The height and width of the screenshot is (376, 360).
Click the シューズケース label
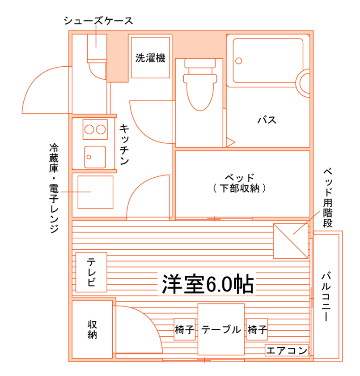98,21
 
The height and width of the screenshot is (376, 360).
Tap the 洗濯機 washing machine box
150,58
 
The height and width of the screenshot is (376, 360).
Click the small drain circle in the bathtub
238,61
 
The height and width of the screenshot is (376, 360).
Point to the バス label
267,120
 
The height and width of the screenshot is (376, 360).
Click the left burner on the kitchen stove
89,129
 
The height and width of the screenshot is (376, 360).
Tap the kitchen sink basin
95,157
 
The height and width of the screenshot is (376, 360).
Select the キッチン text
124,144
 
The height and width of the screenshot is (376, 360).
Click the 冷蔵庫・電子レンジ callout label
54,188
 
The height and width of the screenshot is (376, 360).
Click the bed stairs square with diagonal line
291,241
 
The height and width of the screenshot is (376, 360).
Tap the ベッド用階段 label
328,198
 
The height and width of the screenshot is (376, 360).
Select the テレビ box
91,272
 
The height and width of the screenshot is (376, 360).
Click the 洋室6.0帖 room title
208,284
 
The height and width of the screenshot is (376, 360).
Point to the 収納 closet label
92,329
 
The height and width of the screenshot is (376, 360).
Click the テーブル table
221,329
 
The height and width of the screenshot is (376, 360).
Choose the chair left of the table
185,329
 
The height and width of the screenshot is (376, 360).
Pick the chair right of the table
257,329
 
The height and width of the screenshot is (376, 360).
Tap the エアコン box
287,350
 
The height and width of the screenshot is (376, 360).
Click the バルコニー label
326,296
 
